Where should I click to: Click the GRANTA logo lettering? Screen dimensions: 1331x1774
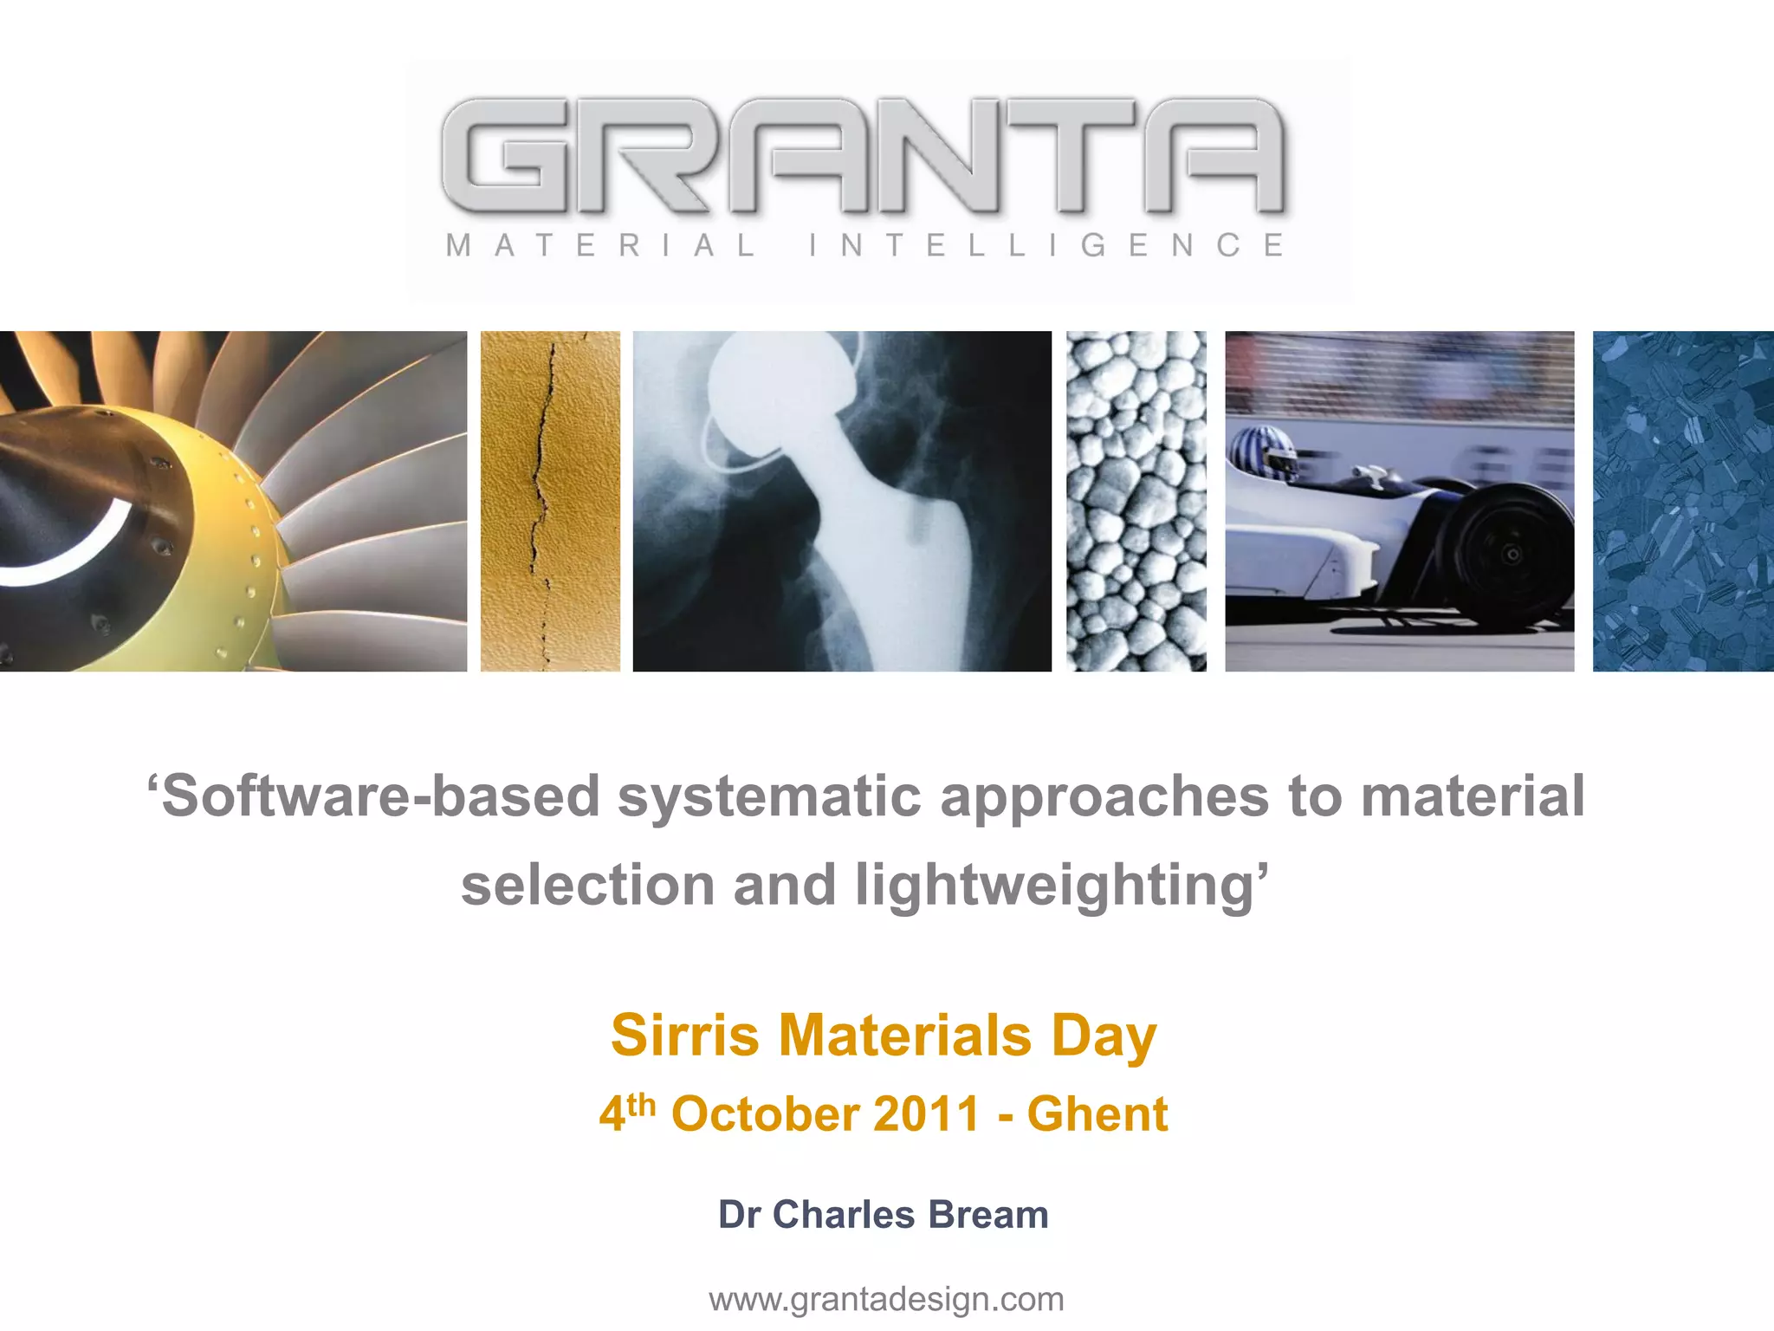[x=863, y=156]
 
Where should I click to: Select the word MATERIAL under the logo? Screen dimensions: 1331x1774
[x=601, y=245]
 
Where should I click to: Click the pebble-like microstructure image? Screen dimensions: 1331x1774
[x=1136, y=501]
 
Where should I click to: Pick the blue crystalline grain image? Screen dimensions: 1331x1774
[x=1682, y=501]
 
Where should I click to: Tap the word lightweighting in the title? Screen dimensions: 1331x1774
[x=1053, y=885]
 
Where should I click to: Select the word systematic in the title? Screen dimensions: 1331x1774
[x=769, y=796]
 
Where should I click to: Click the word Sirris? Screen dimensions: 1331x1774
[x=685, y=1035]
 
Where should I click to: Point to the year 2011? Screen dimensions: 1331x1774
[x=926, y=1114]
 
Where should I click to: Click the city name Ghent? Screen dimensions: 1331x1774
[x=1097, y=1114]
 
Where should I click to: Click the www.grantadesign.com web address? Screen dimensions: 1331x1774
[x=886, y=1299]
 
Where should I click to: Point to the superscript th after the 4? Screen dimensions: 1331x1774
[x=642, y=1104]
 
